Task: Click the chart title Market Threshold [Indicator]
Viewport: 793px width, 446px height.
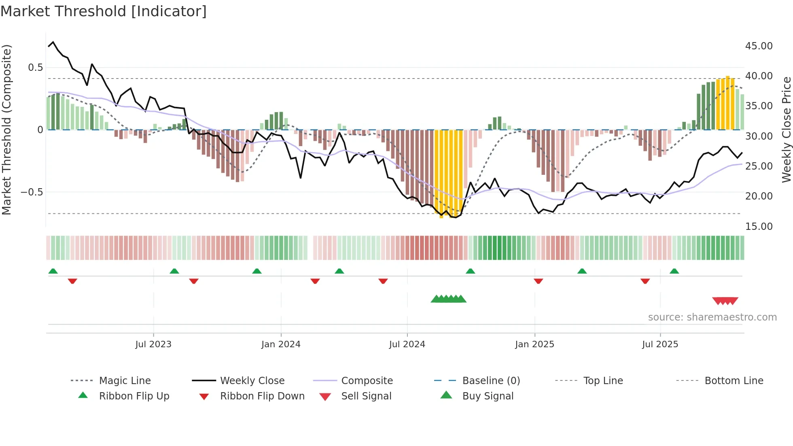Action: coord(104,11)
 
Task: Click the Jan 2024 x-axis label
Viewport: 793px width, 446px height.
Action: coord(281,344)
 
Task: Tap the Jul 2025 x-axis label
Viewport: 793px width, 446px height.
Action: coord(660,344)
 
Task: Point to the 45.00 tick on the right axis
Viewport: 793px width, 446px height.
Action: coord(759,46)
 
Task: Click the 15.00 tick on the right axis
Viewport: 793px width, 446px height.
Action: coord(759,227)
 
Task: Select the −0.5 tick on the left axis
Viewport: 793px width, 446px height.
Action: coord(32,192)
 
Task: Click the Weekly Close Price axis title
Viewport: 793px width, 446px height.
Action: coord(786,130)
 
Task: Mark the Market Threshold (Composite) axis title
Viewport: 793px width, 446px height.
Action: coord(6,130)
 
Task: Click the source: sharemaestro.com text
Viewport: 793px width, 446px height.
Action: coord(712,317)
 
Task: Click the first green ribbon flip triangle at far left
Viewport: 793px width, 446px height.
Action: coord(53,271)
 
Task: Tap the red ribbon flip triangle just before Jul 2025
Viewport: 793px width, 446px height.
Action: coord(645,281)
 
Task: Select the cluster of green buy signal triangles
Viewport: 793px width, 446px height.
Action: coord(448,299)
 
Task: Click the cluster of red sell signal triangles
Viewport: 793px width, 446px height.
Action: coord(725,301)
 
